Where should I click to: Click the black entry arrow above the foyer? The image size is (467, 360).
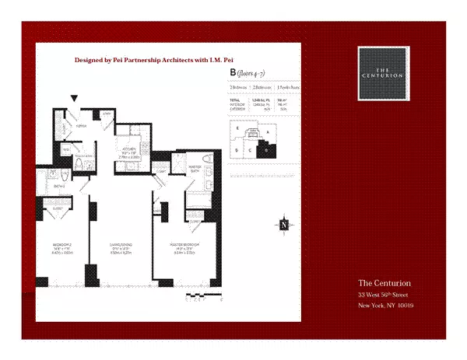point(74,98)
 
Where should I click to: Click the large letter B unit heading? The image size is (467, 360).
point(232,72)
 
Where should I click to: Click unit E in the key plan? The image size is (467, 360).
point(237,127)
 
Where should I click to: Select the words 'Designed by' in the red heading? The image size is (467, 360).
point(96,59)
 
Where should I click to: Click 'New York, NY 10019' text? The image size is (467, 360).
point(385,306)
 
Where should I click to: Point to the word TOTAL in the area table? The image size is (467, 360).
point(234,100)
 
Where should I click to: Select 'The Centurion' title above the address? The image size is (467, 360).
point(384,282)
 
